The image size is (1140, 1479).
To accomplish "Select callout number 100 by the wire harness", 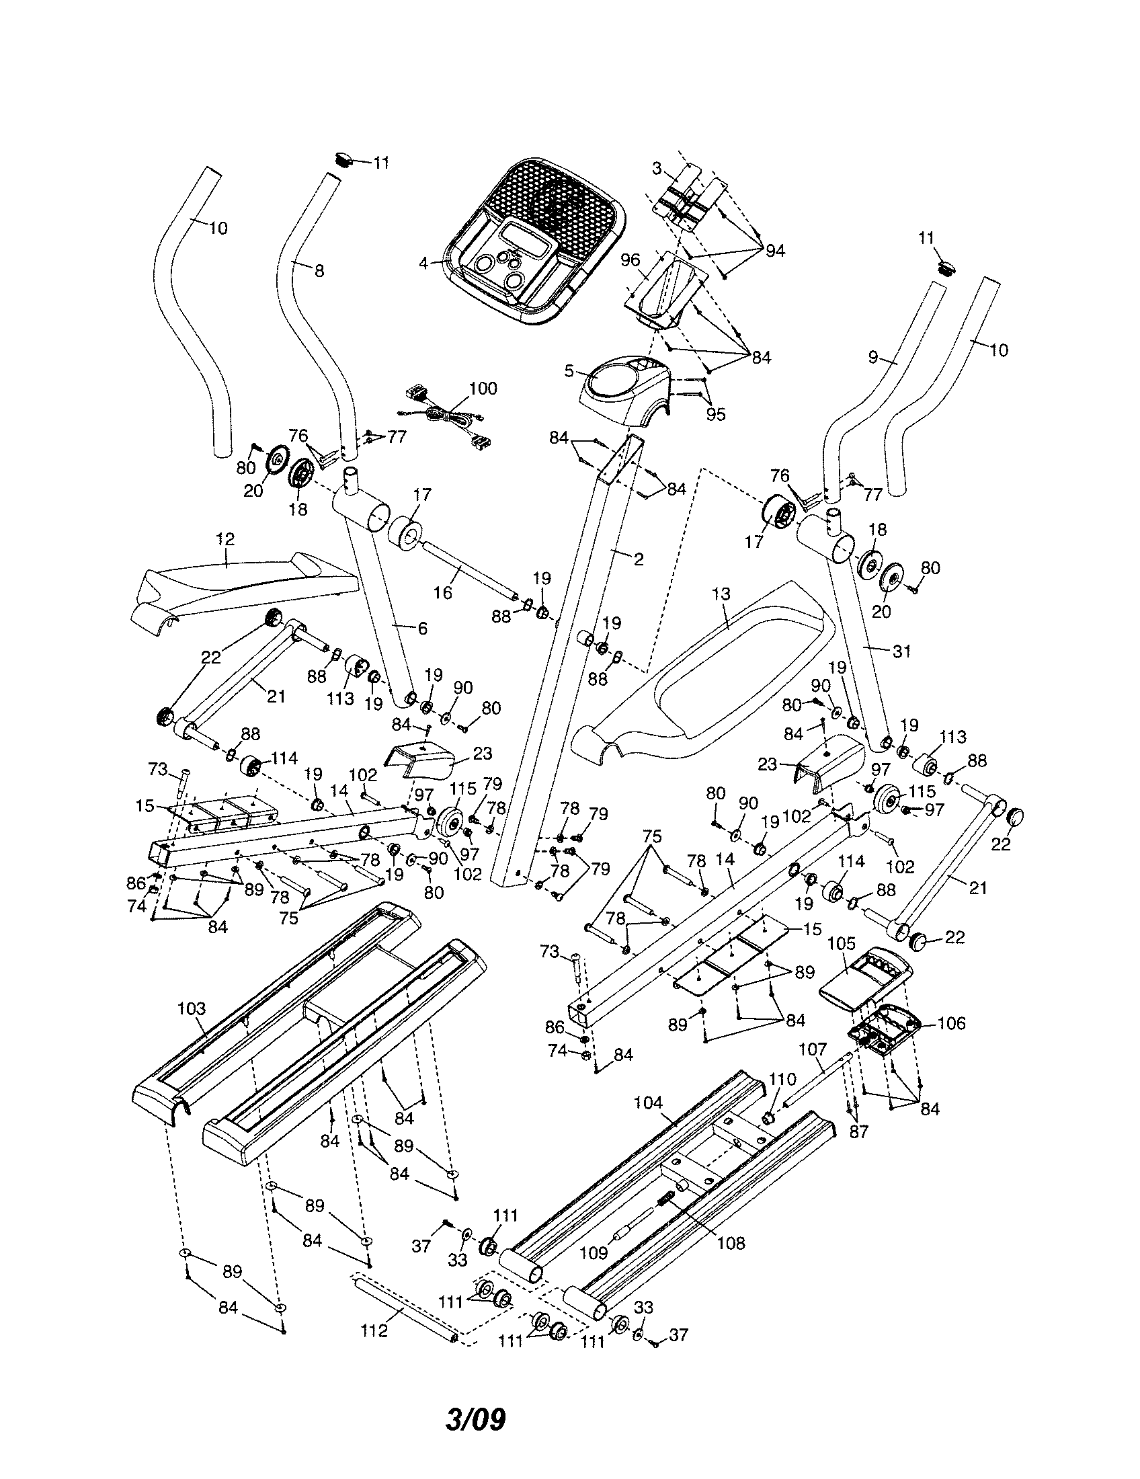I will (483, 388).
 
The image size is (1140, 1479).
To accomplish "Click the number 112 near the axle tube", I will (374, 1330).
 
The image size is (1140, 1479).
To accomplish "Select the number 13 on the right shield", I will (721, 594).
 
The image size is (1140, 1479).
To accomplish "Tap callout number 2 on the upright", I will (639, 559).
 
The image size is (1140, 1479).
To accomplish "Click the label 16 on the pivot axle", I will (443, 592).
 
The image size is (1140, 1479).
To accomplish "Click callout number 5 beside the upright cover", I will (569, 370).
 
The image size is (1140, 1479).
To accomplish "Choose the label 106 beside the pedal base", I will (951, 1023).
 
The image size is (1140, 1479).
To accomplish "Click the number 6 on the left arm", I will (422, 629).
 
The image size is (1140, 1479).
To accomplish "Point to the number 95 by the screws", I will (715, 413).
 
